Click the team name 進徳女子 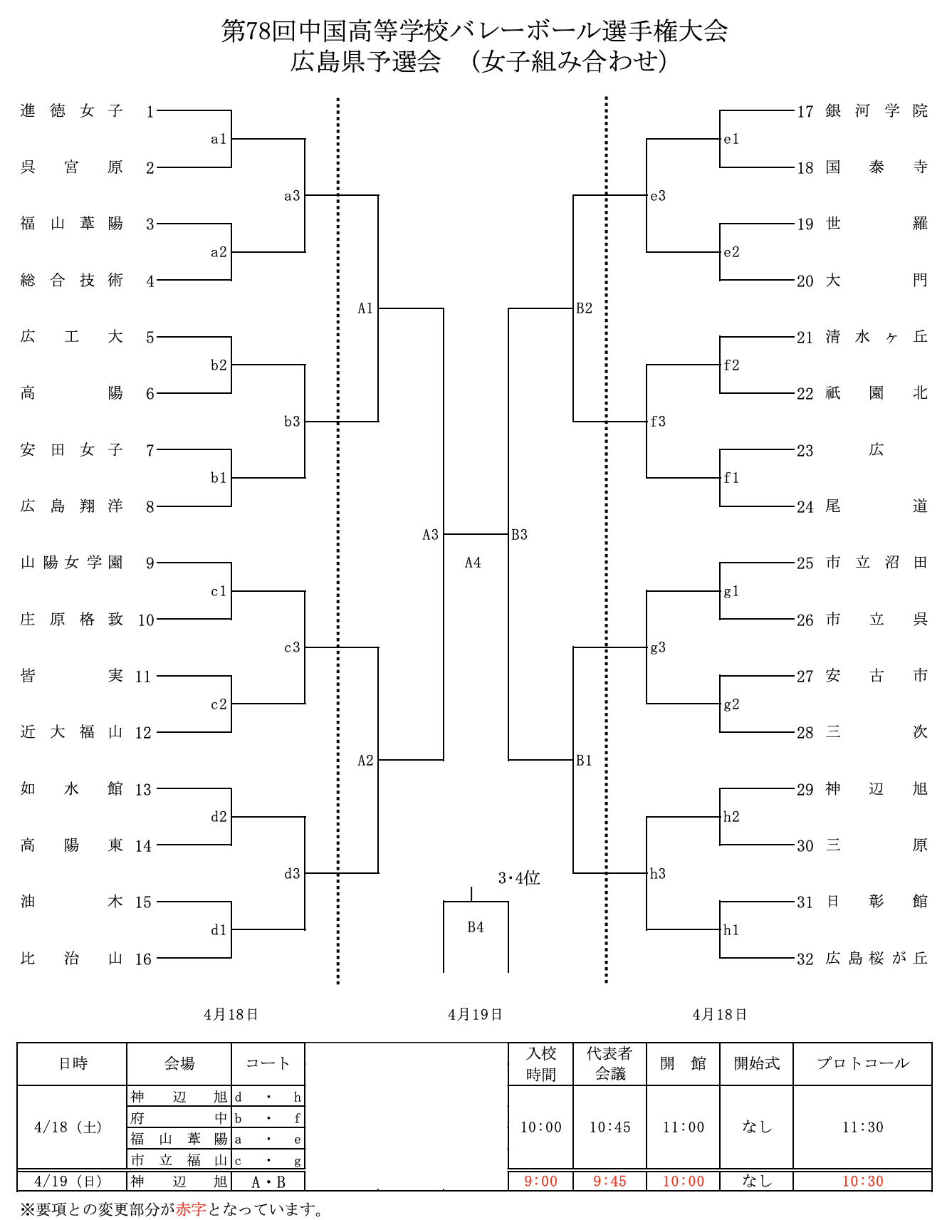pyautogui.click(x=71, y=110)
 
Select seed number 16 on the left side pyautogui.click(x=144, y=959)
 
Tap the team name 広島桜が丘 pyautogui.click(x=877, y=959)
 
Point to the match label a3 pyautogui.click(x=292, y=196)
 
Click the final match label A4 pyautogui.click(x=473, y=563)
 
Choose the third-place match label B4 pyautogui.click(x=476, y=927)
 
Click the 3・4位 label pyautogui.click(x=519, y=878)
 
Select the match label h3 pyautogui.click(x=657, y=874)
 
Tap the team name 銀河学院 pyautogui.click(x=877, y=110)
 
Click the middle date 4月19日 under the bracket pyautogui.click(x=475, y=1015)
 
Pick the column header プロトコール pyautogui.click(x=862, y=1063)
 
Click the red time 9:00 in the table pyautogui.click(x=540, y=1182)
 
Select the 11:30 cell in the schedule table pyautogui.click(x=862, y=1127)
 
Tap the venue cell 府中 pyautogui.click(x=179, y=1118)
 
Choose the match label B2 pyautogui.click(x=584, y=308)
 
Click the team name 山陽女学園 pyautogui.click(x=71, y=563)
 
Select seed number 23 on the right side pyautogui.click(x=805, y=451)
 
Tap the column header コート pyautogui.click(x=268, y=1063)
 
